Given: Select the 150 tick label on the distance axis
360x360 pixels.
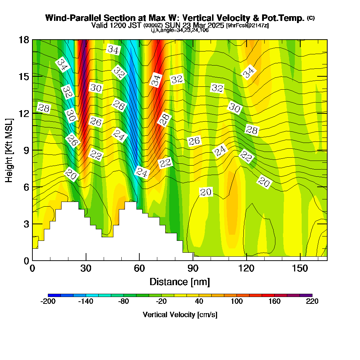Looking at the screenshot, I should (x=300, y=269).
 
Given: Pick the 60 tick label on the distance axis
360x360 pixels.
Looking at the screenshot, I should (x=139, y=269).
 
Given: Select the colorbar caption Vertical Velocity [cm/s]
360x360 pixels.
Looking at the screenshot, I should (x=180, y=315).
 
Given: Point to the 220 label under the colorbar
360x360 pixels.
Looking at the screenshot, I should (x=312, y=301).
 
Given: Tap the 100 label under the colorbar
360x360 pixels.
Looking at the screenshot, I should (x=237, y=301).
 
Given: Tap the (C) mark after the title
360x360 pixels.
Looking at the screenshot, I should (x=311, y=18).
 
